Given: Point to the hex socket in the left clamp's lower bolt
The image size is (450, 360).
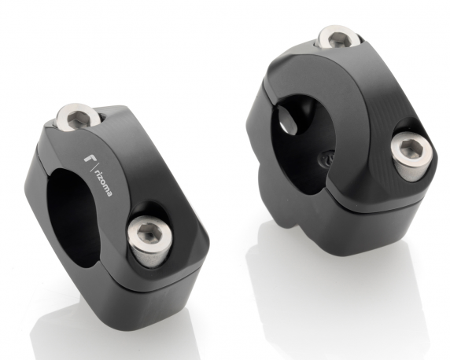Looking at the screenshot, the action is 148,233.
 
